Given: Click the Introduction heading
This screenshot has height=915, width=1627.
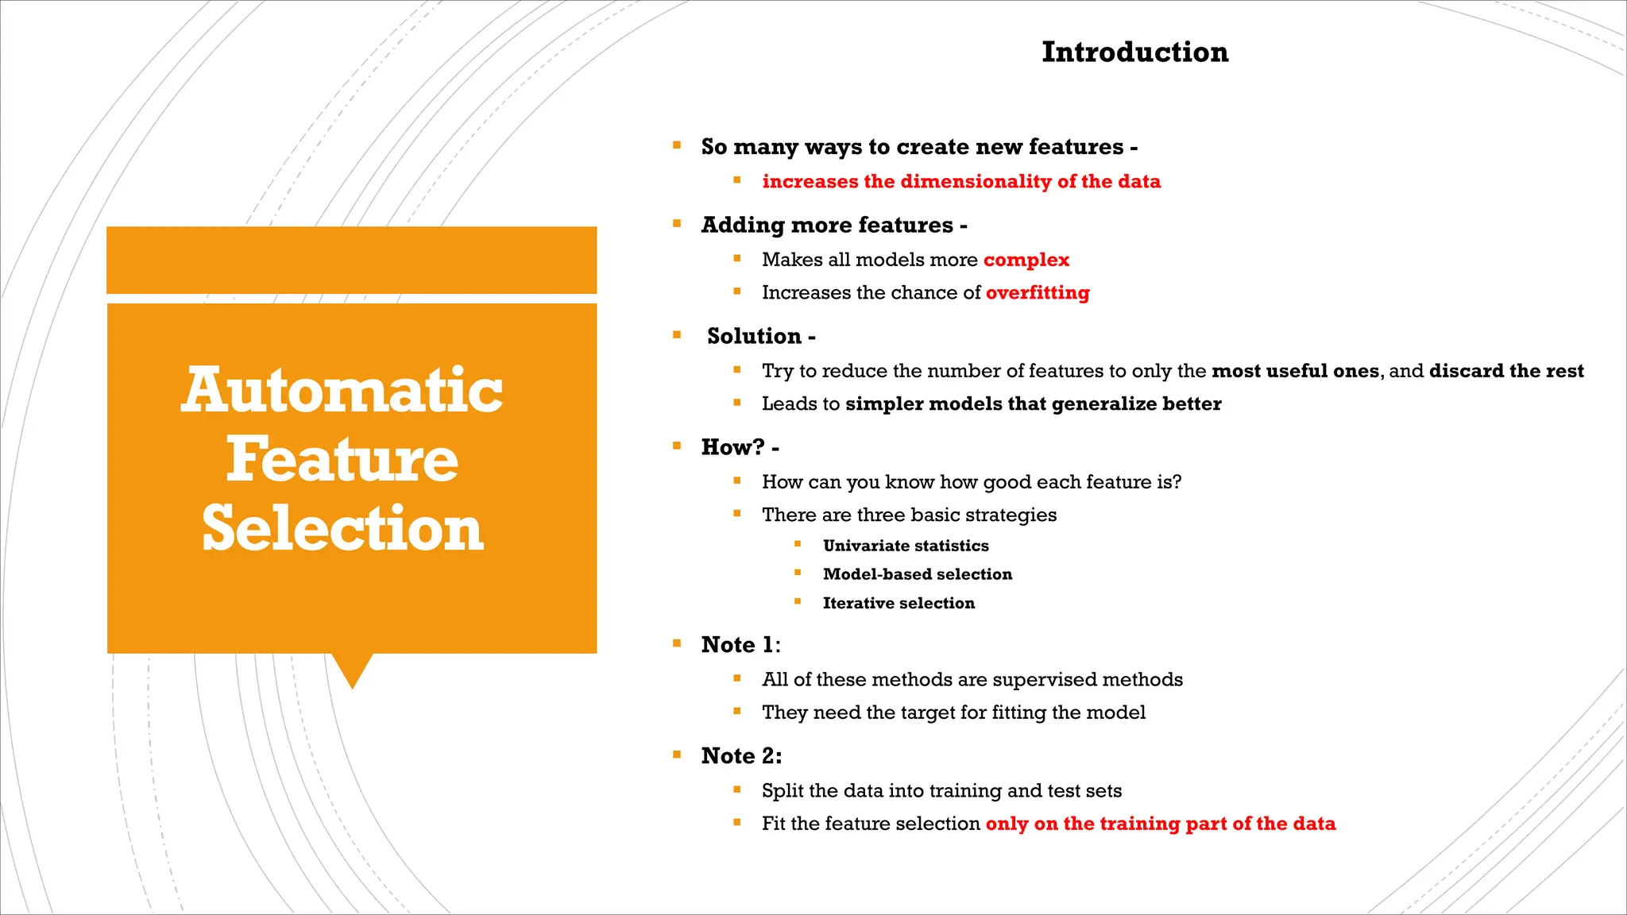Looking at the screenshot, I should [x=1134, y=52].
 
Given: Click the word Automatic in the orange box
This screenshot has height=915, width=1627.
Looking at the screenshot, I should [x=342, y=391].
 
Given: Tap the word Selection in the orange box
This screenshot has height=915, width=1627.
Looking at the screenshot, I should [x=342, y=529].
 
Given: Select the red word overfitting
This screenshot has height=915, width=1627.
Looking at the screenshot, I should [x=1038, y=293].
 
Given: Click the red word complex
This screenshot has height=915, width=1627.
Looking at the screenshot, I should [x=1026, y=260].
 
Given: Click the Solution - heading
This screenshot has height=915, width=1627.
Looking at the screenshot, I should [x=760, y=337].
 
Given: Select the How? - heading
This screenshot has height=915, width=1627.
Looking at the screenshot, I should [x=740, y=448].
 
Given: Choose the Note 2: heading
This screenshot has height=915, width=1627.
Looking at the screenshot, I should [x=741, y=756].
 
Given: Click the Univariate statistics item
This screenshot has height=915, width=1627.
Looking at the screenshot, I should [x=906, y=546].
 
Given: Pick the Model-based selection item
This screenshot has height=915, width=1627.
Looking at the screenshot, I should [x=918, y=574].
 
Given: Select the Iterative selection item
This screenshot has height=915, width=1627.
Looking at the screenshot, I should [x=899, y=604].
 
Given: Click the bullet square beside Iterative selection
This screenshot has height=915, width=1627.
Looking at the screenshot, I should [x=798, y=601].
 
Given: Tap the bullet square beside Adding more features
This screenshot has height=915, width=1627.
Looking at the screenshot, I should [x=677, y=224].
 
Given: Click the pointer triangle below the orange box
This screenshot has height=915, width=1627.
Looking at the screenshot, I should [x=352, y=669].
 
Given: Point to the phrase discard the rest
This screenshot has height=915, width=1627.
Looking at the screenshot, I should [x=1506, y=371].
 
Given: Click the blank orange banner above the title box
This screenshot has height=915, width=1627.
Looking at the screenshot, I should [x=351, y=261].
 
